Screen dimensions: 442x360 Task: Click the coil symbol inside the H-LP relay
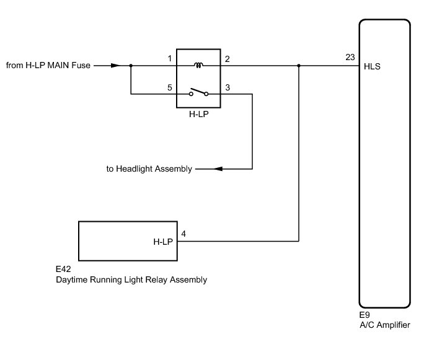(x=198, y=65)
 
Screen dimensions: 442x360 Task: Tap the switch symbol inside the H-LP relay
(x=198, y=92)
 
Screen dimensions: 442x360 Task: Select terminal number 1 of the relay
(x=170, y=59)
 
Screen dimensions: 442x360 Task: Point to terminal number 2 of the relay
(x=228, y=59)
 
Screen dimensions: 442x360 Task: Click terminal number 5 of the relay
(x=170, y=87)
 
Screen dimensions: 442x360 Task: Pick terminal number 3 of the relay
(x=228, y=87)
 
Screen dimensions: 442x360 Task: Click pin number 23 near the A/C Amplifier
(x=350, y=57)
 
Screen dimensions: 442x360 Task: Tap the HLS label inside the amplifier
(x=372, y=66)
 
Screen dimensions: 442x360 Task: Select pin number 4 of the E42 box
(x=183, y=234)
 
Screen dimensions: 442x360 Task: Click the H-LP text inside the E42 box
(x=163, y=242)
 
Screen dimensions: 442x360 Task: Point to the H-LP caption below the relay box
(x=199, y=114)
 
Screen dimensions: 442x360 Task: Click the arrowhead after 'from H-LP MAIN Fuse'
(x=115, y=66)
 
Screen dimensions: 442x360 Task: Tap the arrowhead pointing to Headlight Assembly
(x=218, y=169)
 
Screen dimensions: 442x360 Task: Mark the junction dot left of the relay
(x=131, y=66)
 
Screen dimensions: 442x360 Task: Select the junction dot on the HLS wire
(x=299, y=66)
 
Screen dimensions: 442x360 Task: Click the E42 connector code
(x=63, y=269)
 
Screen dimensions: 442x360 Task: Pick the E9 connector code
(x=365, y=315)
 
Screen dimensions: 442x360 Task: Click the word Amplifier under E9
(x=393, y=325)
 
